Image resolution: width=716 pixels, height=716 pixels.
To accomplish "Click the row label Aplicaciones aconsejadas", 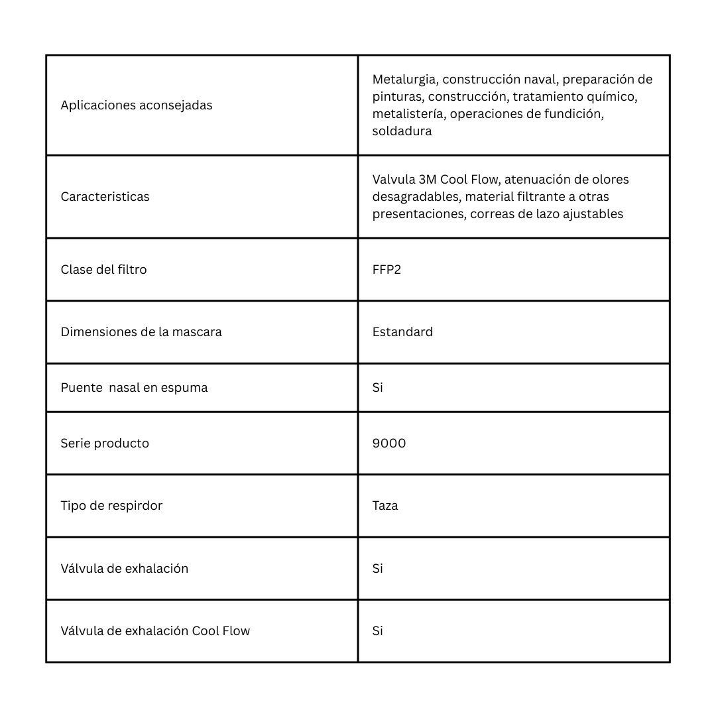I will tap(137, 105).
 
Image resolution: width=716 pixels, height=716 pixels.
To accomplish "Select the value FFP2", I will tap(387, 270).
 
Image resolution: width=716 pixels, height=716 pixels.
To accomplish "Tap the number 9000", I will tap(389, 444).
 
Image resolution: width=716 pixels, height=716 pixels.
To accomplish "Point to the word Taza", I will tap(385, 506).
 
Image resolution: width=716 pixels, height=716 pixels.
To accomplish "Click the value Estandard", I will tap(402, 332).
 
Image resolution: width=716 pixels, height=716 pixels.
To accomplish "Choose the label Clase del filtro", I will tap(103, 270).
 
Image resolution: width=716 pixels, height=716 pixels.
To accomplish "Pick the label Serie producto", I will tap(105, 444).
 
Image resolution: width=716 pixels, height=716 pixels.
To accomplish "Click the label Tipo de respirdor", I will tap(111, 506).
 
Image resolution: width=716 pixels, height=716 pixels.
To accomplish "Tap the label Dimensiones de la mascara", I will tap(141, 332).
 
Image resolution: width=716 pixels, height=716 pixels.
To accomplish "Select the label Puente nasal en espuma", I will tap(134, 388).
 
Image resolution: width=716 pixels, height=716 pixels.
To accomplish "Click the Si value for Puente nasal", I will tap(378, 388).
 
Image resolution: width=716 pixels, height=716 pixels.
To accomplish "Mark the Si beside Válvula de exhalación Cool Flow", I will tap(378, 631).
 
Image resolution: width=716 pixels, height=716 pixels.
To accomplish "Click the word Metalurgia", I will tap(404, 80).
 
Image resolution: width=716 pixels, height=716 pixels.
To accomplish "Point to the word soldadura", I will tap(402, 131).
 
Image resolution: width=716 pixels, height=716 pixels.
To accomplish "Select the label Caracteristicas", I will tap(105, 197).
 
